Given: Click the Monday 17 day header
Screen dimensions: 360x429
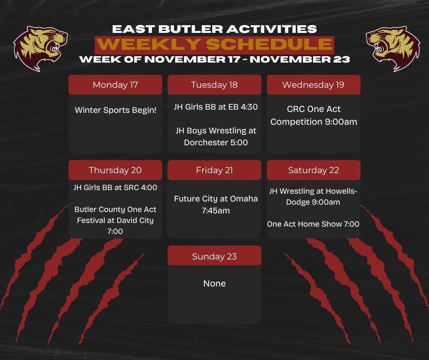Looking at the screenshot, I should pos(115,85).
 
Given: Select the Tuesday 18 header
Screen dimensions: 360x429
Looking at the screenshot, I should pos(214,85).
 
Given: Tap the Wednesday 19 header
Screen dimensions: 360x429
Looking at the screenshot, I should pos(313,85).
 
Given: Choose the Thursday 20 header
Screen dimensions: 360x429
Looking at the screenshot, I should pos(115,170).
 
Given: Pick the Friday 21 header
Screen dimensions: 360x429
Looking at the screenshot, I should pos(214,170).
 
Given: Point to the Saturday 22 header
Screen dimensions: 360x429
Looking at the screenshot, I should pos(313,170).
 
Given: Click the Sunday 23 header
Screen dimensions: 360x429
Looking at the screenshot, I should pos(214,256).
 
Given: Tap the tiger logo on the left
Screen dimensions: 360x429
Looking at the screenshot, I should pos(40,48).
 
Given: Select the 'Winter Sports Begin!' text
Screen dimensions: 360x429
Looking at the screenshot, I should pos(115,110).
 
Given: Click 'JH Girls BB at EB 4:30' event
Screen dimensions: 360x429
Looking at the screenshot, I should pos(215,107).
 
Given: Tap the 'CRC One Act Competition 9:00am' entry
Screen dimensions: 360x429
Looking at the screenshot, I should pos(314,116).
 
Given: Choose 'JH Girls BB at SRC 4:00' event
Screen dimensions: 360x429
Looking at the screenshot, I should pos(115,187).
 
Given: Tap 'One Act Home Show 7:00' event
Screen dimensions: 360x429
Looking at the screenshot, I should pos(313,224).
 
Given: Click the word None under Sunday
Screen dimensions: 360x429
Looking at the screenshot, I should pos(214,283).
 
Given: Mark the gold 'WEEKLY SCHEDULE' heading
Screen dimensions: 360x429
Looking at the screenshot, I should pos(214,44).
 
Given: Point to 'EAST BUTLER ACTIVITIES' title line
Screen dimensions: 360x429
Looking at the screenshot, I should pos(214,29).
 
